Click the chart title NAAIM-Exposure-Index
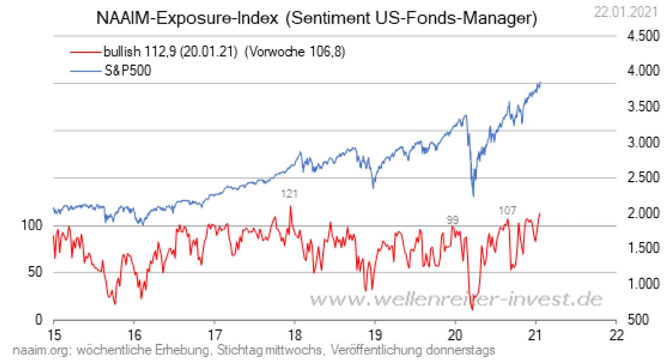point(187,19)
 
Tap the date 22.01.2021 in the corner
point(625,12)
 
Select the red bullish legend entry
point(207,52)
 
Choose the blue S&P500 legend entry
point(110,71)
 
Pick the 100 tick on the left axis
point(31,225)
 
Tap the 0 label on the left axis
point(39,319)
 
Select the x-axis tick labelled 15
point(54,335)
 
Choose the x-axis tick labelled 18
point(295,335)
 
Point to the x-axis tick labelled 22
point(616,335)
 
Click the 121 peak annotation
point(289,194)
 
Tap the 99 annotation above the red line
point(453,220)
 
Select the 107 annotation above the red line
point(507,210)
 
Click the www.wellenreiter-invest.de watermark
point(455,299)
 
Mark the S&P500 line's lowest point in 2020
point(473,196)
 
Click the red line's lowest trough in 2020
point(472,309)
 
